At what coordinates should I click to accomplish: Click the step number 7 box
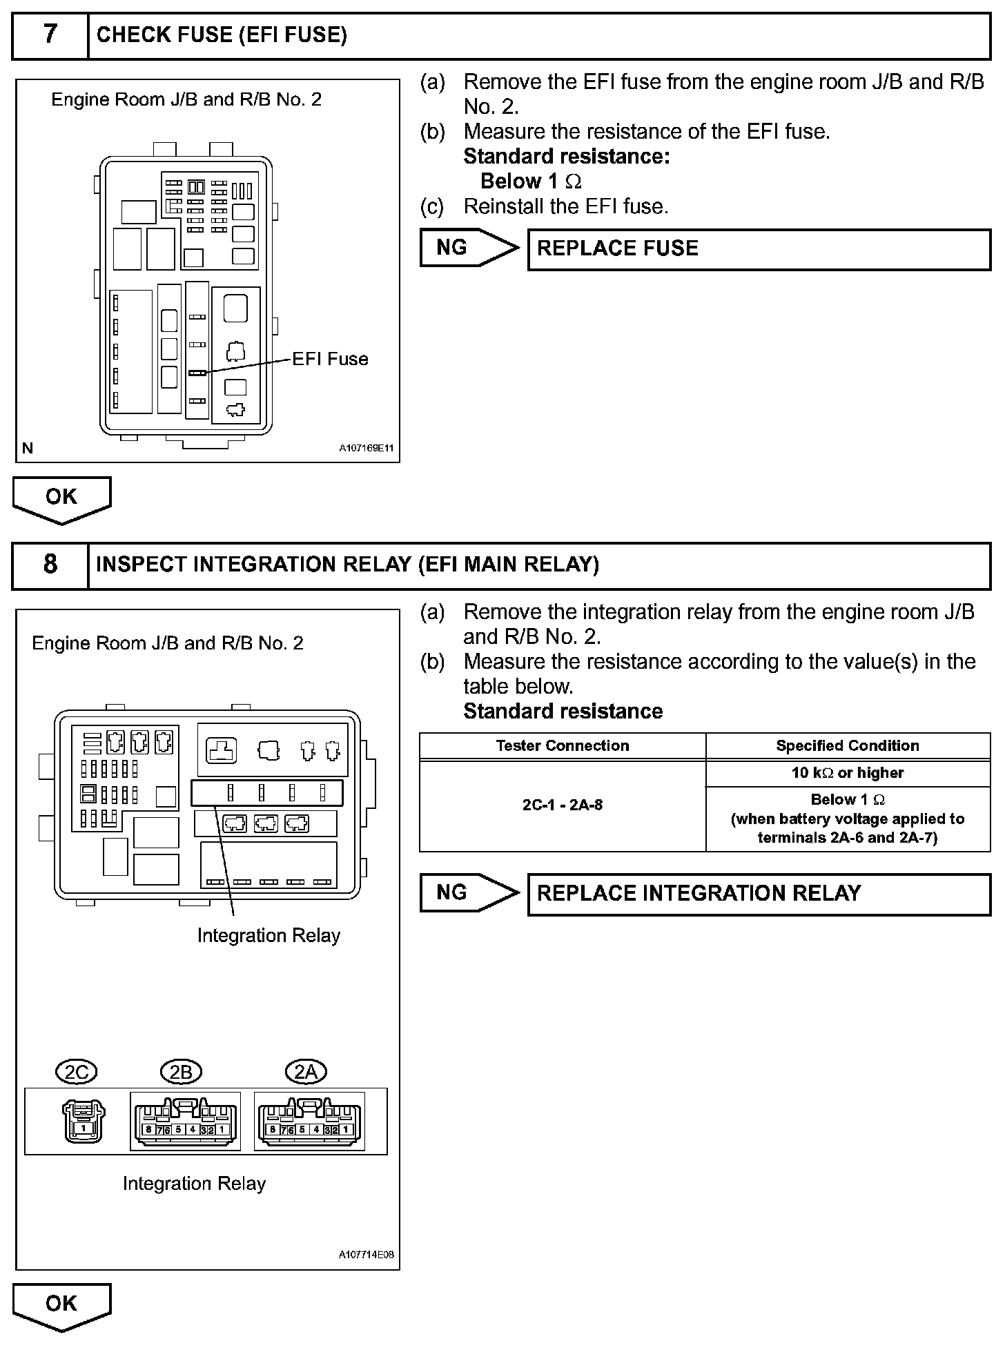50,35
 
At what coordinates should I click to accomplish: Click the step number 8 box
50,565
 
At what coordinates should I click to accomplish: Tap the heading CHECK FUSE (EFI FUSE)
222,35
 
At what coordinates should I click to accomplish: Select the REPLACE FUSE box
759,249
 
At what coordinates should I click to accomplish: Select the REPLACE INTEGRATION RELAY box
759,894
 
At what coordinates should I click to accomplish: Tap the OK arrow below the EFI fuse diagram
61,498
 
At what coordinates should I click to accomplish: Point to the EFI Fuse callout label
330,360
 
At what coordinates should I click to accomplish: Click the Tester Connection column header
563,745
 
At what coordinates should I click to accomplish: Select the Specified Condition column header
848,745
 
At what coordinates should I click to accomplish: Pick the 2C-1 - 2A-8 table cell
563,805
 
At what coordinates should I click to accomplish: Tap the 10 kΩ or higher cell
848,773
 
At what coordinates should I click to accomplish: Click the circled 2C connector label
76,1072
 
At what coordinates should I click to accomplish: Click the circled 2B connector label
180,1072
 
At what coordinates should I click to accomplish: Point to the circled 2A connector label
306,1072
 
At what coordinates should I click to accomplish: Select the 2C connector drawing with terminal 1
84,1122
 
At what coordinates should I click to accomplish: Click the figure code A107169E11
366,449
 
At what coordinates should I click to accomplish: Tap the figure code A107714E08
366,1255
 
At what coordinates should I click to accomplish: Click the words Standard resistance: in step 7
566,157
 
